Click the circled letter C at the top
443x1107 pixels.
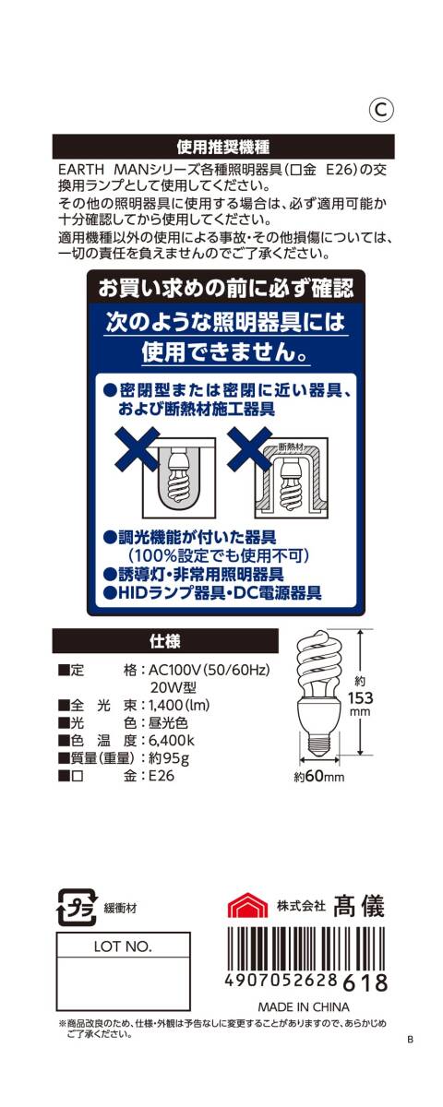pos(383,109)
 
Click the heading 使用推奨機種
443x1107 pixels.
pos(222,147)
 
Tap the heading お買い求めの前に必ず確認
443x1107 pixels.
pos(226,289)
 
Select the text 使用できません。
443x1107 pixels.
pos(226,353)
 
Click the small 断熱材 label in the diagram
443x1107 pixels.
pos(291,448)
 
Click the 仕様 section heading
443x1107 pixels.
pos(164,640)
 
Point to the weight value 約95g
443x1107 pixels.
pos(169,758)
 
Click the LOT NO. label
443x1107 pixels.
pos(124,946)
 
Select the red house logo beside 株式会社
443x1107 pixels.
pos(247,906)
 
